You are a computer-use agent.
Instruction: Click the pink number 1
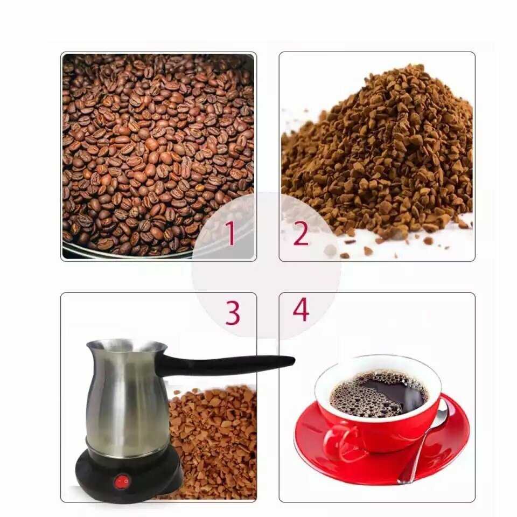point(230,233)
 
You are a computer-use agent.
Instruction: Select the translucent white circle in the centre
point(267,266)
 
